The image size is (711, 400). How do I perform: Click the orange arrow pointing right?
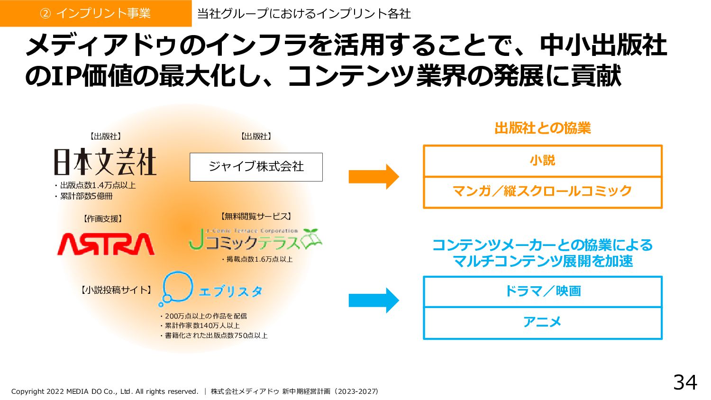coord(374,177)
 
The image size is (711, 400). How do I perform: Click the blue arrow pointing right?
coord(374,300)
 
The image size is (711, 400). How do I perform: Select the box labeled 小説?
coord(542,161)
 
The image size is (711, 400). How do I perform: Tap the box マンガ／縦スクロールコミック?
coord(542,192)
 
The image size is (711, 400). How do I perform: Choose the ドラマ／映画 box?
coord(542,291)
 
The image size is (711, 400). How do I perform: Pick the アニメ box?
coord(542,323)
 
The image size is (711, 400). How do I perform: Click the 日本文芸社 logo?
coord(105,162)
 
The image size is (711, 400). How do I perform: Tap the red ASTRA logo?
coord(106,244)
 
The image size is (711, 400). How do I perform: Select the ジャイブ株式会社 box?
coord(256,167)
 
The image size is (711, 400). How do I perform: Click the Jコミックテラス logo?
coord(255,240)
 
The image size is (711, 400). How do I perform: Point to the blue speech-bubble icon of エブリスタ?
coord(176,288)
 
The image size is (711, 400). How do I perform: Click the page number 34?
coord(685,382)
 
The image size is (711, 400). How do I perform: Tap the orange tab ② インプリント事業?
coord(95,13)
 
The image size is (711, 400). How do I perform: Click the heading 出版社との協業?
coord(542,128)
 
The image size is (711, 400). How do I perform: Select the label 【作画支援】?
coord(103,219)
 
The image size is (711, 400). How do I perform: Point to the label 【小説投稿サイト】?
coord(116,290)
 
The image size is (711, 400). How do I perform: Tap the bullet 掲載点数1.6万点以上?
coord(257,259)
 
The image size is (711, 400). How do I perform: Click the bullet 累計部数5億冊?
coord(84,196)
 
